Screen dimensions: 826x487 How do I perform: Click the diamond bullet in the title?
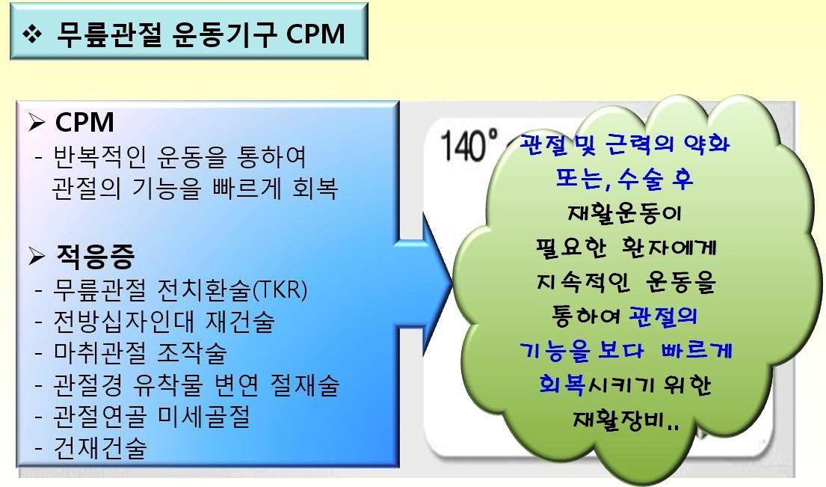point(32,34)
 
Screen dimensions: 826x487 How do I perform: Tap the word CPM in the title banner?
point(315,34)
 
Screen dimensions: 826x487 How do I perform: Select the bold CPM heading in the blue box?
point(84,122)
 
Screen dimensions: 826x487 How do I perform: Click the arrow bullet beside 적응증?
point(37,256)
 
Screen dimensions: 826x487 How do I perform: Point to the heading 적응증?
point(96,256)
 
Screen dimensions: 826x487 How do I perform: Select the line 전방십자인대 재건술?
point(164,322)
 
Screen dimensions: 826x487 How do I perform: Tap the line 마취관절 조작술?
point(140,353)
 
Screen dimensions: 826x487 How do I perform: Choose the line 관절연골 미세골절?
point(152,417)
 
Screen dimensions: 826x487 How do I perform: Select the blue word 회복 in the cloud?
point(562,385)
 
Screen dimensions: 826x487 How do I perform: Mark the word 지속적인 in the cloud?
point(583,282)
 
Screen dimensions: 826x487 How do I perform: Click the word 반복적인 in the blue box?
point(100,156)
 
